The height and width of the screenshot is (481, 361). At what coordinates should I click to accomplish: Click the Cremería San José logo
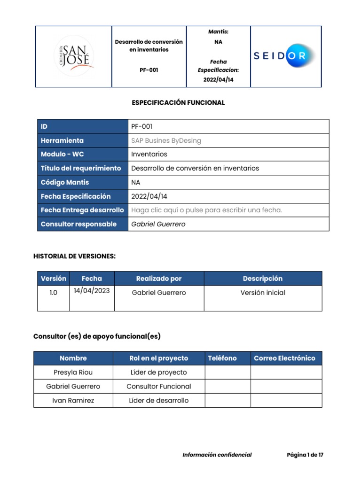[73, 56]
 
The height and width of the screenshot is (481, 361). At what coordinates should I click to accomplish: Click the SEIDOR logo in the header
[286, 56]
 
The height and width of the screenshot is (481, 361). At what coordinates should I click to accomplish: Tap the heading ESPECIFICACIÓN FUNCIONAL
[178, 102]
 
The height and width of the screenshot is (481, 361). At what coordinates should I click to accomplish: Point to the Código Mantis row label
[65, 182]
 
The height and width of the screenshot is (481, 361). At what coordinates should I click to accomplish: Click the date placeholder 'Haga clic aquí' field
[207, 210]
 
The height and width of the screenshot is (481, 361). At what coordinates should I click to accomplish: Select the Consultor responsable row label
[78, 224]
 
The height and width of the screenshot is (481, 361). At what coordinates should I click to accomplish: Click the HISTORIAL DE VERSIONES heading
[74, 256]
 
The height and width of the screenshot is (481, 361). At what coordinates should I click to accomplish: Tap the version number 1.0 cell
[53, 293]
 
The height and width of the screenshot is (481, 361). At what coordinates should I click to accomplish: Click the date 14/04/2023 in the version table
[92, 291]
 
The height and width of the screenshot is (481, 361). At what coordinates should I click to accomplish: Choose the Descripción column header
[263, 279]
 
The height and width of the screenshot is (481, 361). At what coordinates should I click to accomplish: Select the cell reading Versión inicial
[263, 293]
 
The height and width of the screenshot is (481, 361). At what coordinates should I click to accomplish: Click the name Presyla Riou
[73, 372]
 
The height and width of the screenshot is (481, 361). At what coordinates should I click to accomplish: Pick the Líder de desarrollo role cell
[159, 400]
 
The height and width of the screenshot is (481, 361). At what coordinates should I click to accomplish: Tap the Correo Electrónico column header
[284, 358]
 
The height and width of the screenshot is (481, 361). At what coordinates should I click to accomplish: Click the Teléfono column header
[222, 358]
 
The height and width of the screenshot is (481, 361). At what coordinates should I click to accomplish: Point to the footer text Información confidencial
[217, 455]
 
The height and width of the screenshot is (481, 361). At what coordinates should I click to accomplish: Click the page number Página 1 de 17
[305, 455]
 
